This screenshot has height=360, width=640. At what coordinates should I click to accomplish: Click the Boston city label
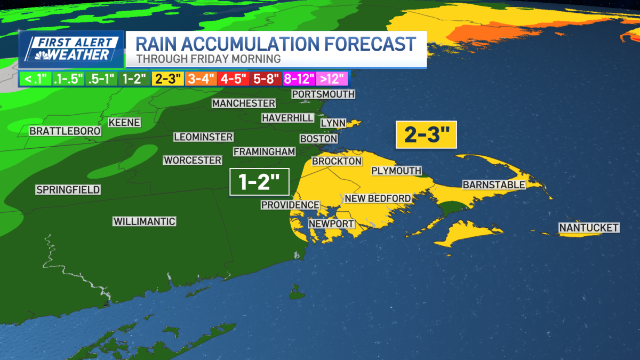click(x=318, y=139)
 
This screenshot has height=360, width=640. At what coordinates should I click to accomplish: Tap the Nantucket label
click(x=589, y=228)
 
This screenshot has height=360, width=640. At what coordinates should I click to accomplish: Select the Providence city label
click(x=290, y=205)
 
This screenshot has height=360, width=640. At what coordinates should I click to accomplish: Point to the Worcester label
click(x=193, y=160)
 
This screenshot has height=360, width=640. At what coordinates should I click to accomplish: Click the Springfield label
click(x=68, y=190)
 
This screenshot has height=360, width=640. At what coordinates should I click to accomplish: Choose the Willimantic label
click(x=144, y=221)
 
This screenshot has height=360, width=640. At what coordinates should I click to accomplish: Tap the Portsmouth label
click(x=323, y=94)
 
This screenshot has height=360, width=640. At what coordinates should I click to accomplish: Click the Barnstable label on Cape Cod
click(x=494, y=185)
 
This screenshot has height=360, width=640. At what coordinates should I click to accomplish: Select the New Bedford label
click(x=378, y=199)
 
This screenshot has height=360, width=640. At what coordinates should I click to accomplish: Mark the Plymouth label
click(x=396, y=171)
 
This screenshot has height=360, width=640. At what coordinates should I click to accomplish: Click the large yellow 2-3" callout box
click(x=426, y=134)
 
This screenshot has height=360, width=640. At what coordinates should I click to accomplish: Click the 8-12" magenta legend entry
click(x=299, y=79)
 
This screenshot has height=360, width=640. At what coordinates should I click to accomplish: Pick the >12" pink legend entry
click(x=332, y=79)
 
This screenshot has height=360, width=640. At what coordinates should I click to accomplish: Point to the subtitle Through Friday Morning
click(x=209, y=59)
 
